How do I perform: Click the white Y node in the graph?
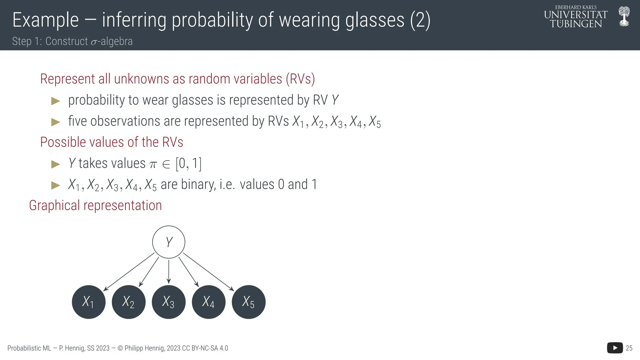pos(169,242)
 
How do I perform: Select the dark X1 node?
pos(88,302)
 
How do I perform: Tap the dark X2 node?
pos(128,302)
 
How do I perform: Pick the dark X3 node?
pos(168,302)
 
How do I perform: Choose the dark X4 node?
pos(208,302)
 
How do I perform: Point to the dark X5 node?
pos(248,302)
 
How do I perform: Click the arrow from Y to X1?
pos(129,272)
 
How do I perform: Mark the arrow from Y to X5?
pos(208,272)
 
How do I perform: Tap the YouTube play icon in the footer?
pos(615,348)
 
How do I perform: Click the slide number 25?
pos(629,348)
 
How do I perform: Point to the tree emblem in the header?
pos(624,17)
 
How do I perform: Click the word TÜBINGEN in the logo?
pos(576,24)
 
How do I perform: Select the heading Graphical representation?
pos(95,206)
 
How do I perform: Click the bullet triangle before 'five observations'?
pos(55,122)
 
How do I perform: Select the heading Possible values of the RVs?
pos(112,142)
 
